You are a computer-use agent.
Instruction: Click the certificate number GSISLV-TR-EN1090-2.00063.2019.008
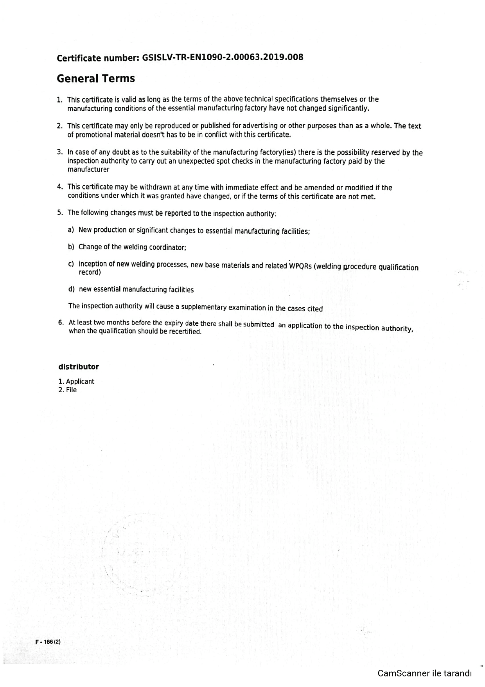[223, 58]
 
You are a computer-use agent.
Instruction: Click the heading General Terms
[96, 79]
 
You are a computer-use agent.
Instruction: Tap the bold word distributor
[79, 367]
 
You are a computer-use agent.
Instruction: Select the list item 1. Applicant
[76, 381]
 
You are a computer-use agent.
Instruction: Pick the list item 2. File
[68, 390]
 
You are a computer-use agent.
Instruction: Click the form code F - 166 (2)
[48, 642]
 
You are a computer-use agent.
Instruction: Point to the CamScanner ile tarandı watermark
[424, 673]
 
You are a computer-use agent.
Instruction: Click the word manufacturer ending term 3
[88, 170]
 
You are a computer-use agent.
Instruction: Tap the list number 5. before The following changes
[60, 213]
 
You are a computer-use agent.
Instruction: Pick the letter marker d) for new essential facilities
[71, 289]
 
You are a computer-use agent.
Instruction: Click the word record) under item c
[90, 272]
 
